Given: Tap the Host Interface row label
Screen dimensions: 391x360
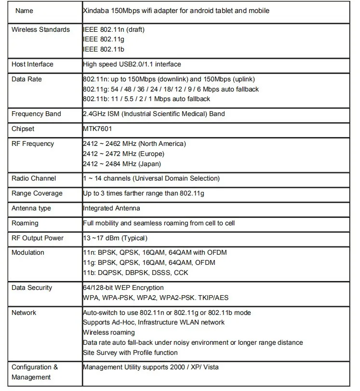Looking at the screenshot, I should click(x=32, y=65).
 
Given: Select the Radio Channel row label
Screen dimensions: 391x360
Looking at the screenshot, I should click(x=34, y=179).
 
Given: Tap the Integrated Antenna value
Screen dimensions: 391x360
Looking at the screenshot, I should click(x=111, y=209).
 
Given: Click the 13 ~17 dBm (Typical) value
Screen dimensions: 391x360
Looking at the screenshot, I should click(x=115, y=238).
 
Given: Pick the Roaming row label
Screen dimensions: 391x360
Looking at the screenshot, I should click(x=25, y=223).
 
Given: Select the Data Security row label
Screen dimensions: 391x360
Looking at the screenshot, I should click(x=32, y=288).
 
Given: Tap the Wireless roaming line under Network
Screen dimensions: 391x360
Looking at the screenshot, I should click(x=108, y=333).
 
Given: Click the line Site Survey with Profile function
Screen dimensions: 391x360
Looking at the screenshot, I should click(x=130, y=352).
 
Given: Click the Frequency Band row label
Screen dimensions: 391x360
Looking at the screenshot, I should click(x=36, y=114).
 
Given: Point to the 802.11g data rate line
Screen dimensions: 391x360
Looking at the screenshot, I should click(x=171, y=89).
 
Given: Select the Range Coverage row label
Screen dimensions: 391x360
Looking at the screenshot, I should click(x=37, y=194).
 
